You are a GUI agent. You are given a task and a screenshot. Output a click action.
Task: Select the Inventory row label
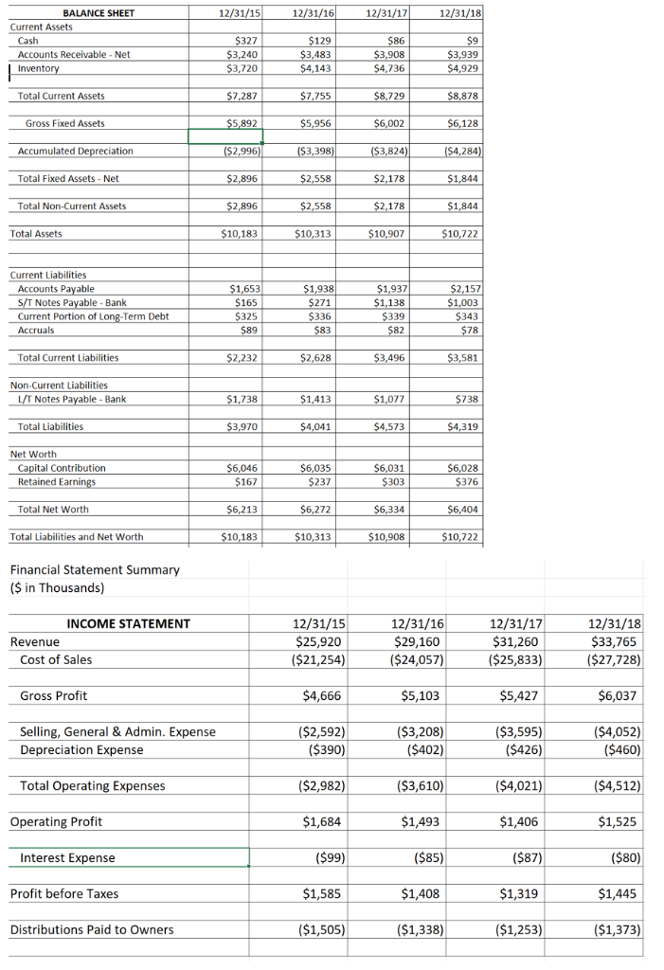coord(38,68)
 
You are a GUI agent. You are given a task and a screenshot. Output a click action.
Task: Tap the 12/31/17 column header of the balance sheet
coord(383,13)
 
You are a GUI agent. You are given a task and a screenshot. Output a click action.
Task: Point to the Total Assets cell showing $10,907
coord(386,233)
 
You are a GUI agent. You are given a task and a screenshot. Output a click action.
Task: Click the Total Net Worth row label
coord(53,509)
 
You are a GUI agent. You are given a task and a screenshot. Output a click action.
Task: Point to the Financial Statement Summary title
coord(94,569)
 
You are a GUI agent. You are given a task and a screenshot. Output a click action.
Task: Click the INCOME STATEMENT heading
coord(128,623)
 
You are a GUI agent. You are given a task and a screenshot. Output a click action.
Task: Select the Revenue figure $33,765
coord(614,641)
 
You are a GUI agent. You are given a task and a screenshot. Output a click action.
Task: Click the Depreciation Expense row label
coord(81,749)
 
